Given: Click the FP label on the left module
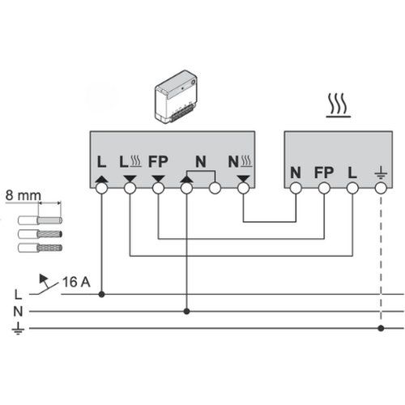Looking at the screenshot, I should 157,163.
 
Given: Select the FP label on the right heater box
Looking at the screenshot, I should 323,172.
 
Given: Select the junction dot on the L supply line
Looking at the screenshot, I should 101,295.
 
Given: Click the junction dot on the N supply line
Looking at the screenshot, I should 187,311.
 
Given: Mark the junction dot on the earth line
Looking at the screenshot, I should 382,328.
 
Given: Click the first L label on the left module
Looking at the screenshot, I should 101,163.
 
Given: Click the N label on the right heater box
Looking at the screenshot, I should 296,172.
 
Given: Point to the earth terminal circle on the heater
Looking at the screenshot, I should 382,189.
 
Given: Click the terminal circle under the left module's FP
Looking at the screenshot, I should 158,189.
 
